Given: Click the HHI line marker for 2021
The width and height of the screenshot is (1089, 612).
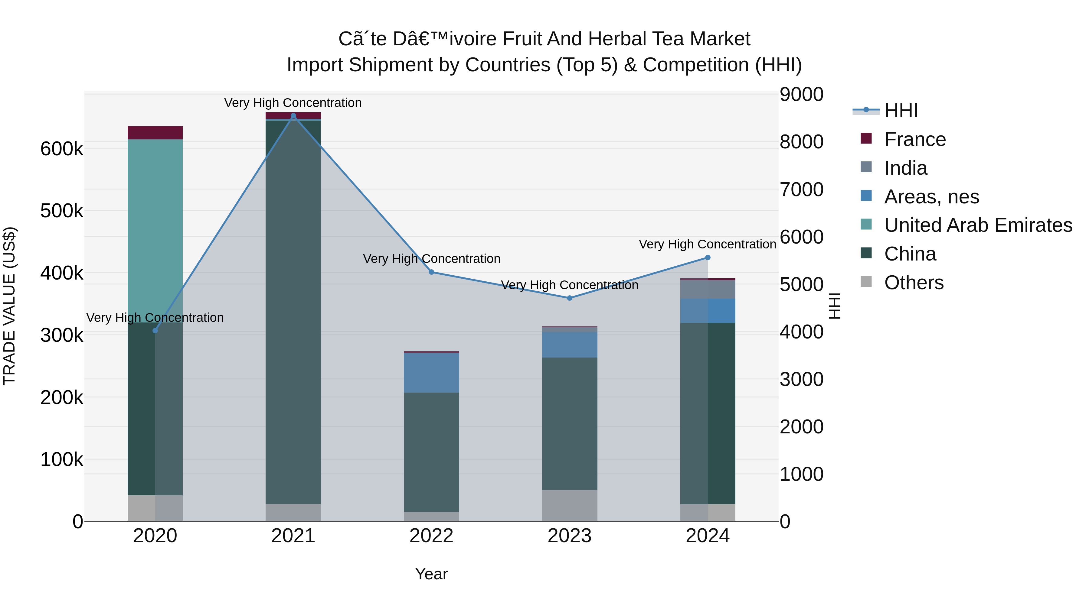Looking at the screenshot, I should click(x=293, y=116).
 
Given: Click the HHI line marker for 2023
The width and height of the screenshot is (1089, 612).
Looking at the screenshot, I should click(x=569, y=298).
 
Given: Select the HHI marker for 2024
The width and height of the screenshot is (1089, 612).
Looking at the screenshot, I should click(x=708, y=257).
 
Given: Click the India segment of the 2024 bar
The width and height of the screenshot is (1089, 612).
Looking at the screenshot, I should click(x=708, y=289).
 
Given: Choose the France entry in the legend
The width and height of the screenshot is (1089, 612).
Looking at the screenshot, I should click(x=914, y=139).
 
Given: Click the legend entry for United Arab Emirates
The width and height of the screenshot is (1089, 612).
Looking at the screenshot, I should click(x=978, y=225).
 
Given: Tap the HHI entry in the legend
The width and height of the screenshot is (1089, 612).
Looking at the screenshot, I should click(x=901, y=111).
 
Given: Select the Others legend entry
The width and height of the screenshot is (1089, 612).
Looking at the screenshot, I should click(x=914, y=283).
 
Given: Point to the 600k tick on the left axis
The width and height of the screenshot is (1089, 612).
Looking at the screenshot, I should click(x=62, y=149).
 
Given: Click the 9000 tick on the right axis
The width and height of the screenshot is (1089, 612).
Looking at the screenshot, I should click(x=801, y=94).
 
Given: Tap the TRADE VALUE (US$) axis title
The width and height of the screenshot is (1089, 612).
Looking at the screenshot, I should click(x=10, y=306).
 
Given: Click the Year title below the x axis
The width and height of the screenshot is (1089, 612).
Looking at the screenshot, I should click(x=431, y=574).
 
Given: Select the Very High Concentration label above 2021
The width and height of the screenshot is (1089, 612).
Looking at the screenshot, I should click(x=293, y=103).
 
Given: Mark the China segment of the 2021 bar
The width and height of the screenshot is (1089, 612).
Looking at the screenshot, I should click(x=293, y=312).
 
